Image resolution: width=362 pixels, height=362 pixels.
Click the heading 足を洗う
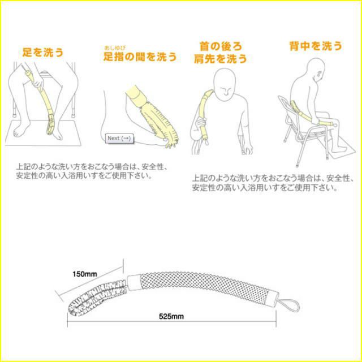click(x=43, y=53)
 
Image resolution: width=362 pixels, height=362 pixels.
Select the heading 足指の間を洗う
click(x=140, y=57)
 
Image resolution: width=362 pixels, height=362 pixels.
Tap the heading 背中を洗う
click(x=316, y=46)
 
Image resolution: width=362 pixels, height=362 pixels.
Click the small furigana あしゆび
click(x=115, y=48)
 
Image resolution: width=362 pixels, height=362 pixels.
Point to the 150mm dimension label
click(x=85, y=274)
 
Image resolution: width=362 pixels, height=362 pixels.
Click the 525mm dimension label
click(x=171, y=316)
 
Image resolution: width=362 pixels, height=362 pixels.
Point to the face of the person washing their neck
click(x=225, y=86)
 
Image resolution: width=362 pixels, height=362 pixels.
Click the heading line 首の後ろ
click(x=221, y=46)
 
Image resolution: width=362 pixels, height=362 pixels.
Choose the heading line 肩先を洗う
click(x=221, y=59)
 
